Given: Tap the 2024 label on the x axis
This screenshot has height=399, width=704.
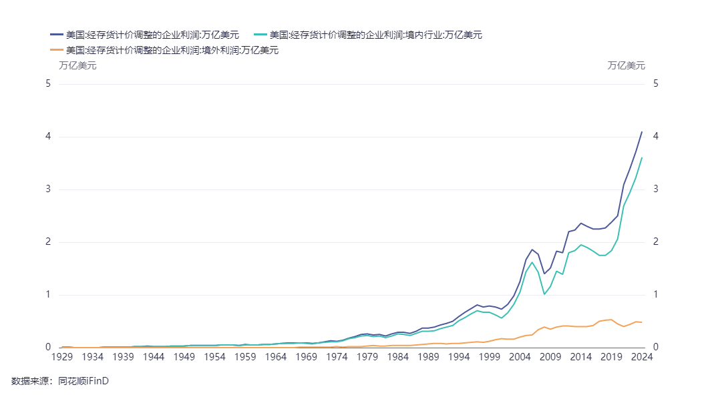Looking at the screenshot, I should pyautogui.click(x=642, y=357).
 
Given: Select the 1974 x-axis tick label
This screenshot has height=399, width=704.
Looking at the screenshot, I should pyautogui.click(x=337, y=357).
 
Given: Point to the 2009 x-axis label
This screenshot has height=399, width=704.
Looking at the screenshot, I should pyautogui.click(x=550, y=357).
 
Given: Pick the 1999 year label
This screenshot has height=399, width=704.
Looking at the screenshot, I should pyautogui.click(x=490, y=357).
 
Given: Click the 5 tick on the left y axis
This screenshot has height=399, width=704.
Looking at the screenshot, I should pyautogui.click(x=47, y=84).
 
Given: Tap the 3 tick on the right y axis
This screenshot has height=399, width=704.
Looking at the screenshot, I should pyautogui.click(x=656, y=189).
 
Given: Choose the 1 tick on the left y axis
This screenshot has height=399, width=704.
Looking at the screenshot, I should pyautogui.click(x=47, y=295).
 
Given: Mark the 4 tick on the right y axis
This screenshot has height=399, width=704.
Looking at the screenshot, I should pyautogui.click(x=656, y=137).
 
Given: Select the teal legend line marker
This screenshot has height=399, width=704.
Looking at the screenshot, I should pyautogui.click(x=260, y=35).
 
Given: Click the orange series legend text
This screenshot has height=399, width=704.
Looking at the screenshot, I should pyautogui.click(x=172, y=50).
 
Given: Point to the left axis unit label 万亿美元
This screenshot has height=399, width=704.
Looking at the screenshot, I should pyautogui.click(x=77, y=65).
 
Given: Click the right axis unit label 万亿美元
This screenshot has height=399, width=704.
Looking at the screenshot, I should pyautogui.click(x=626, y=65).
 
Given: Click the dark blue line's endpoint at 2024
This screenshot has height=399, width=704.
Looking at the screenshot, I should pyautogui.click(x=642, y=131).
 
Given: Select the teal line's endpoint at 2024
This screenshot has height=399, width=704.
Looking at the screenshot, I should pyautogui.click(x=642, y=157).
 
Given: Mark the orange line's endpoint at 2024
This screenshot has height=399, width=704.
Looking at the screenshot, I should pyautogui.click(x=642, y=322).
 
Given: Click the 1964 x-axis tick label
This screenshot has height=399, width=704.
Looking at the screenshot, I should pyautogui.click(x=276, y=357).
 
